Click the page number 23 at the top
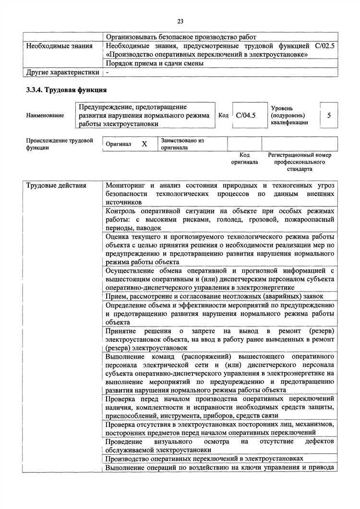click(x=180, y=21)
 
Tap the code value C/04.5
click(x=246, y=115)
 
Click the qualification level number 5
click(x=328, y=115)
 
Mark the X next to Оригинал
click(x=144, y=144)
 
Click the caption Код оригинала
click(x=244, y=158)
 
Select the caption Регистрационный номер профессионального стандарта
click(x=300, y=162)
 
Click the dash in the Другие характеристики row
click(x=108, y=72)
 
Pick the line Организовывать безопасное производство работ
click(x=181, y=37)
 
